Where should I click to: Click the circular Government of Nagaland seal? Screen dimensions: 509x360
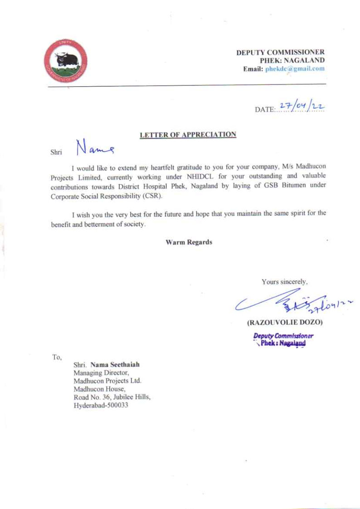(x=65, y=61)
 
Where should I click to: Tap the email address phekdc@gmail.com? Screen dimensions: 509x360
(x=295, y=69)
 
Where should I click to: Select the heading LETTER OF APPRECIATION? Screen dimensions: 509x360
(x=188, y=135)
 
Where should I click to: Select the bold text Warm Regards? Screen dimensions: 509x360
(x=189, y=242)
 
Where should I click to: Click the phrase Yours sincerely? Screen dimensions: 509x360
(x=284, y=282)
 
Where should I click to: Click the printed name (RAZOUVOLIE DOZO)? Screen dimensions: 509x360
(x=284, y=323)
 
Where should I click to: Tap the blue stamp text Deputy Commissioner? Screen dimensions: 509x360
(x=283, y=336)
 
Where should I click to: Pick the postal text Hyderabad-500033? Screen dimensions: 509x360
(x=101, y=406)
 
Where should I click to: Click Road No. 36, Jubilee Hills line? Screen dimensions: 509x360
(x=112, y=397)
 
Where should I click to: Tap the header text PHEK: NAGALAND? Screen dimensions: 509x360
(x=292, y=60)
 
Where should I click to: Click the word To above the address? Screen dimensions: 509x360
(x=57, y=357)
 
